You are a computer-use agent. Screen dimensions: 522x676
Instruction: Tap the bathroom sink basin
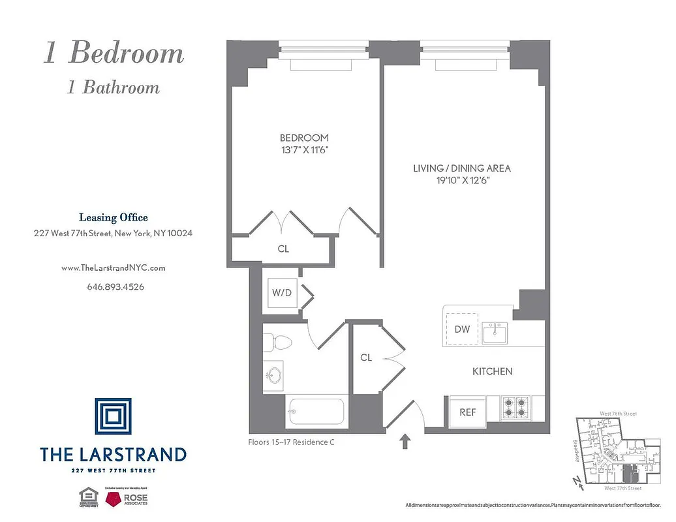tap(274, 375)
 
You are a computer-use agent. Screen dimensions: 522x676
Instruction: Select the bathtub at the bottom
tap(315, 411)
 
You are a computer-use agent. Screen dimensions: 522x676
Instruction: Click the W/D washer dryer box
tap(282, 293)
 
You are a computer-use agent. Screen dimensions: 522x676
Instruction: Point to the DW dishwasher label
tap(462, 330)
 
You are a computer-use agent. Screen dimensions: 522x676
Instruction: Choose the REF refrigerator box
tap(467, 412)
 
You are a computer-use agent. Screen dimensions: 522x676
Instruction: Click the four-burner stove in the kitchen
tap(515, 408)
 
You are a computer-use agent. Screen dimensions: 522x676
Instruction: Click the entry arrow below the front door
tap(405, 442)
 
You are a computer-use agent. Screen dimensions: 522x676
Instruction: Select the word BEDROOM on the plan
tap(304, 138)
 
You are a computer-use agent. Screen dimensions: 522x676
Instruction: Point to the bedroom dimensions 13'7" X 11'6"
tap(304, 150)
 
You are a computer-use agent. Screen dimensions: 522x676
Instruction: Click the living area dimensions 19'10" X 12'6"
tap(462, 180)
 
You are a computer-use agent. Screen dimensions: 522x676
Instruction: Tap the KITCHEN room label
tap(492, 371)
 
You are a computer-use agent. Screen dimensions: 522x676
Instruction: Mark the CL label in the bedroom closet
tap(283, 249)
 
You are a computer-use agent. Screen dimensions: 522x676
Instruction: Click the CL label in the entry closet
tap(366, 358)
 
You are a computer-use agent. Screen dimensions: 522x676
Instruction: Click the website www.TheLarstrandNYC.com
tap(113, 268)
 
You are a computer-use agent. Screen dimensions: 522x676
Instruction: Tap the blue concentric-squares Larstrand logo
tap(113, 416)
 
